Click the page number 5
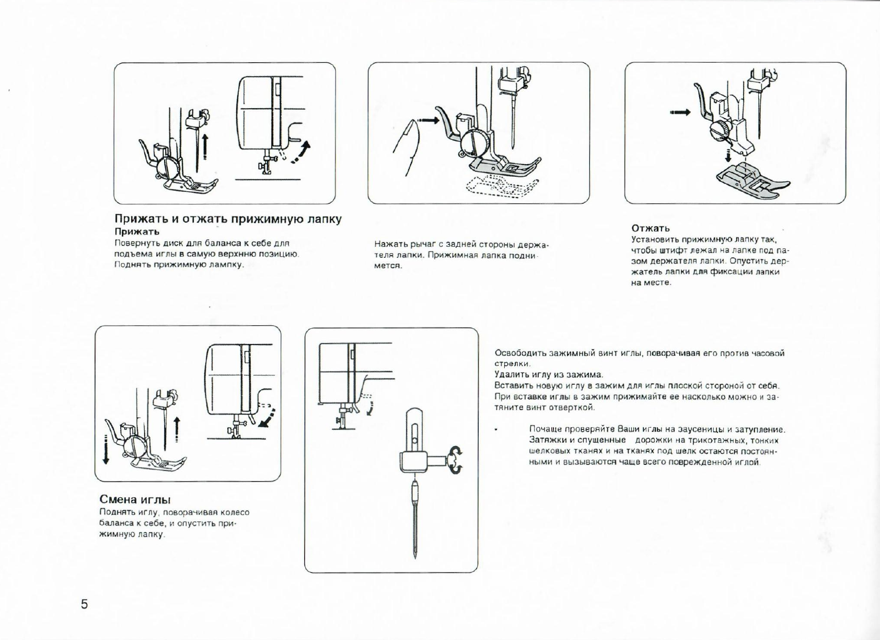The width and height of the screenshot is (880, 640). (84, 604)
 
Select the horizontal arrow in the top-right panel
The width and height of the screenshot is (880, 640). (680, 112)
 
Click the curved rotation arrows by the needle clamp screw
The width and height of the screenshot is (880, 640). (456, 460)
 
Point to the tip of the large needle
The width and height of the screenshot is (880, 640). (415, 556)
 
